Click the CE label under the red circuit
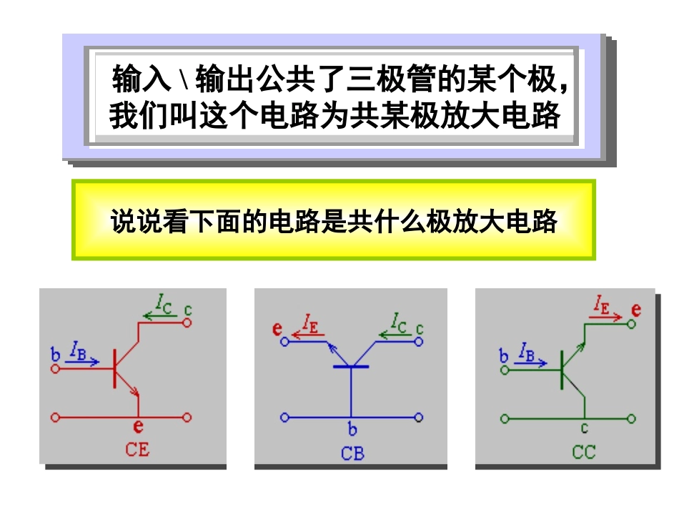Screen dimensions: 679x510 (x=137, y=450)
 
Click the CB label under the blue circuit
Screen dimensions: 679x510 (x=352, y=453)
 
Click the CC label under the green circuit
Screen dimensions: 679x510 (x=584, y=452)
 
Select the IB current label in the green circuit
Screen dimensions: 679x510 (x=525, y=350)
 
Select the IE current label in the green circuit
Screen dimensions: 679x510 (x=603, y=308)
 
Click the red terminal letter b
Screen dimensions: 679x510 (x=55, y=353)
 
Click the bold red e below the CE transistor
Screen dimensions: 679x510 (x=138, y=428)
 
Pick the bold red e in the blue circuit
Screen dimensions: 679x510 (x=277, y=329)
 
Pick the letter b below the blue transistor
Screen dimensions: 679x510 (x=352, y=430)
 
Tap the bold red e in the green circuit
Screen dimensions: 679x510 (x=636, y=310)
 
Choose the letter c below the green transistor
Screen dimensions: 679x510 (x=585, y=429)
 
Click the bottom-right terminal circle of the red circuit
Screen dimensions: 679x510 (x=188, y=417)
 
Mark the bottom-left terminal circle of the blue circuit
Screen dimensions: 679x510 (x=285, y=417)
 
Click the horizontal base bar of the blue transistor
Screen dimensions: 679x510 (x=351, y=367)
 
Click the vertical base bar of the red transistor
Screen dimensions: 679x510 (x=114, y=368)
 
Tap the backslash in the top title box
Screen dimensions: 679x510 (x=182, y=80)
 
